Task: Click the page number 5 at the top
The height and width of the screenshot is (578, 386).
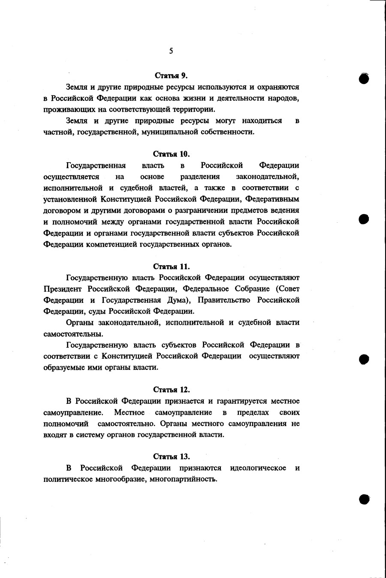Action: coord(171,51)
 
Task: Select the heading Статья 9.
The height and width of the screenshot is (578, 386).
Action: coord(171,76)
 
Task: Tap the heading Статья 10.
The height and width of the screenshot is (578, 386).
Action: coord(171,154)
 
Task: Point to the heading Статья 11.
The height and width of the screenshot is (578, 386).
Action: coord(171,266)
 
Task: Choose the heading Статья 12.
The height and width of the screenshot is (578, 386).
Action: coord(171,390)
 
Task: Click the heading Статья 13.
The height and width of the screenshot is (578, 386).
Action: coord(171,457)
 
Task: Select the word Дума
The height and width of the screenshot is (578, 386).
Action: coord(177,300)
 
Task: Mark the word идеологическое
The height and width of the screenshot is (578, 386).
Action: coord(258,468)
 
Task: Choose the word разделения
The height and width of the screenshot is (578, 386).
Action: coord(200,177)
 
